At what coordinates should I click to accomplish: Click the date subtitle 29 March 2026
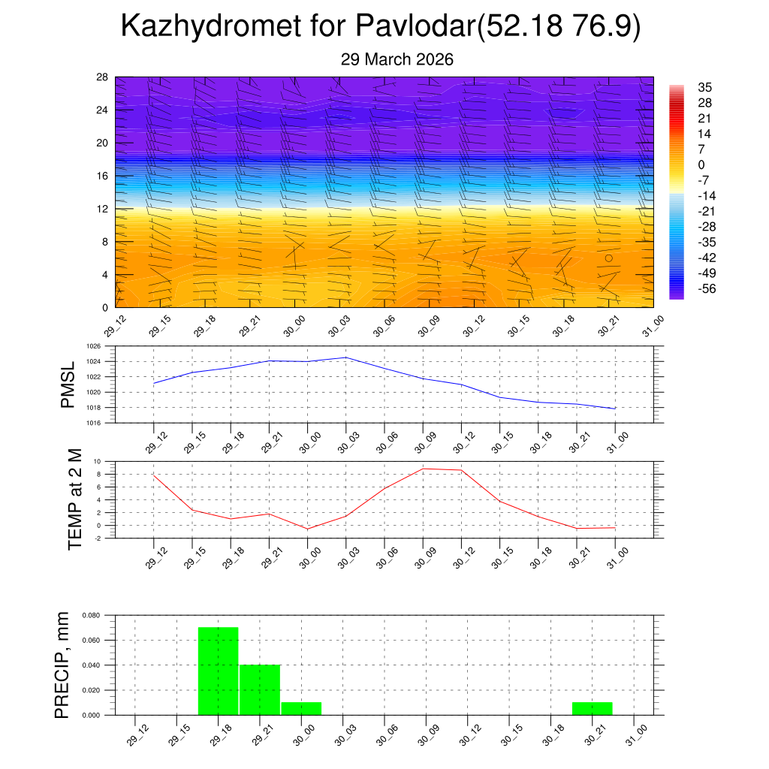[397, 59]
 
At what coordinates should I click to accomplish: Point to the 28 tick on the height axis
[103, 77]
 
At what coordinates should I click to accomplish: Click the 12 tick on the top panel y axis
[103, 209]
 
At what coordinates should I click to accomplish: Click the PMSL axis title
[68, 384]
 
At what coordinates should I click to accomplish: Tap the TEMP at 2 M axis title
[75, 499]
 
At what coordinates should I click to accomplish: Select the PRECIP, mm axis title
[64, 665]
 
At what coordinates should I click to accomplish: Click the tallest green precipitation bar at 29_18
[219, 671]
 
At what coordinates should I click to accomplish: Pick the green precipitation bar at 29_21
[260, 689]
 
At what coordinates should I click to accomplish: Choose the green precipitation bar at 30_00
[301, 708]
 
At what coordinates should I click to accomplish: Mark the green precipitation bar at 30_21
[592, 708]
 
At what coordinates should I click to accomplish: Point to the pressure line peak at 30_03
[345, 357]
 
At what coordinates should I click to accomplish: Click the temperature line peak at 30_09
[423, 469]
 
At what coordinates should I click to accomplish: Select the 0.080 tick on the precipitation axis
[91, 615]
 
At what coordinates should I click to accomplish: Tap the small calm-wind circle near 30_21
[609, 258]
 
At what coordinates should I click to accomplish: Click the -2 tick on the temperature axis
[99, 538]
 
